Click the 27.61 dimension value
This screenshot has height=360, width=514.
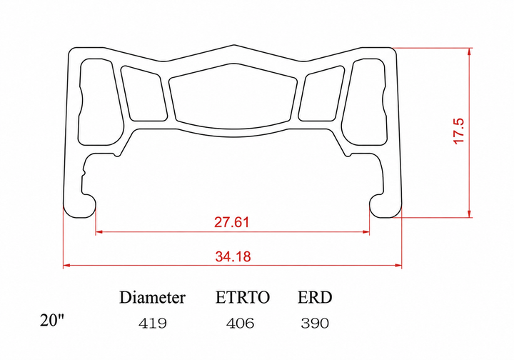[232, 222]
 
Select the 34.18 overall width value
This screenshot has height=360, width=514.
[233, 256]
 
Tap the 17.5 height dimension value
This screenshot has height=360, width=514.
[458, 131]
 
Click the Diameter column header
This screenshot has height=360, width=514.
[152, 297]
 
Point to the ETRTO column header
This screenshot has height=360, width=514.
[242, 297]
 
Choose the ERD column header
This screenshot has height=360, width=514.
[315, 297]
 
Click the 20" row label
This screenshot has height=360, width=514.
[52, 320]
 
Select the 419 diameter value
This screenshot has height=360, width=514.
[153, 324]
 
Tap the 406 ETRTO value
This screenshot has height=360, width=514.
[240, 324]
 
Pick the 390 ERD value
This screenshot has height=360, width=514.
[315, 324]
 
